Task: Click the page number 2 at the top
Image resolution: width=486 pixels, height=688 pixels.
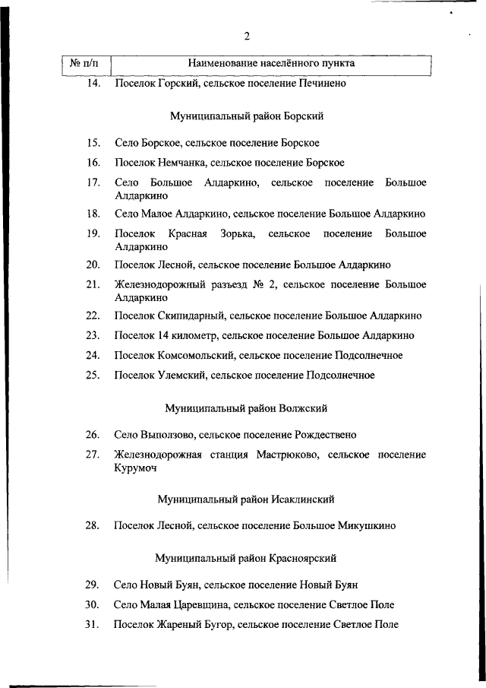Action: click(247, 36)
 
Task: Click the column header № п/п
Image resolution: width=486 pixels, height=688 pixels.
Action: click(84, 64)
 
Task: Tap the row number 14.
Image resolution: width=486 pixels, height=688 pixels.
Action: click(93, 84)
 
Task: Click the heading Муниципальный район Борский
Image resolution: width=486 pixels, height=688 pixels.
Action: click(247, 116)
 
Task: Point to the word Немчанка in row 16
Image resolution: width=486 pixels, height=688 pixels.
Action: click(182, 163)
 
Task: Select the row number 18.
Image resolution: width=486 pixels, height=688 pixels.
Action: click(93, 214)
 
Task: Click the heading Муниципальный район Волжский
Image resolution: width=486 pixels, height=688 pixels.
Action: click(247, 408)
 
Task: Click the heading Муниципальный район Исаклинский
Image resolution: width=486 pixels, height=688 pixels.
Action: click(246, 499)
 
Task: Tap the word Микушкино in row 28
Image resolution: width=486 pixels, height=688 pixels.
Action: click(368, 525)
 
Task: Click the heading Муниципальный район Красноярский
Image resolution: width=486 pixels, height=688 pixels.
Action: click(246, 559)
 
